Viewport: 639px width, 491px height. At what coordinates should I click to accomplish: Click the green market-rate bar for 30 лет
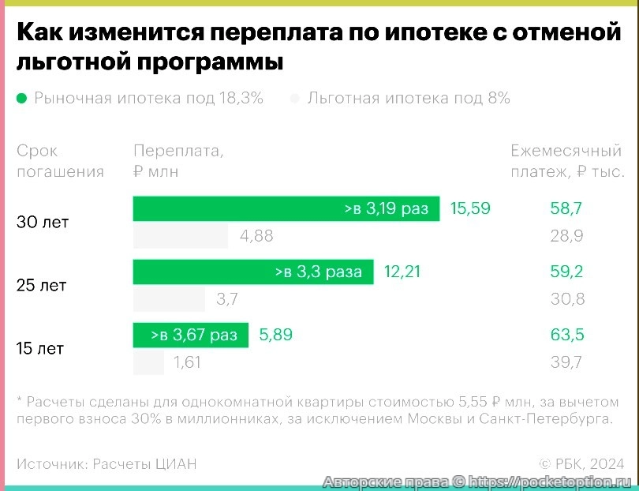click(286, 208)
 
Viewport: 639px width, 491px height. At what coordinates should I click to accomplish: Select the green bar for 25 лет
click(252, 272)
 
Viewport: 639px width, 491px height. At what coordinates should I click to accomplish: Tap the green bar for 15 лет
click(190, 335)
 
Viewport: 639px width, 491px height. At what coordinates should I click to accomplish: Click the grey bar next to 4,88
click(180, 236)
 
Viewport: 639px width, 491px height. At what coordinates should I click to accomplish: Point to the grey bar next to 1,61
click(148, 362)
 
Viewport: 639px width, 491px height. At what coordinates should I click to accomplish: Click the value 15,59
click(470, 208)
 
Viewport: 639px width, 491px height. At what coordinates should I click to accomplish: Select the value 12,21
click(402, 272)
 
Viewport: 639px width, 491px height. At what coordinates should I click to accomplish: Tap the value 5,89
click(276, 335)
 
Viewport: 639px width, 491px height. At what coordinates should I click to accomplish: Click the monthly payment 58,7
click(566, 208)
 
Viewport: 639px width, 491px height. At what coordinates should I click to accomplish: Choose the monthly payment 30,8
click(566, 299)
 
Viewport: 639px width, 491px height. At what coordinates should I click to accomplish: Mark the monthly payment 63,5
click(566, 335)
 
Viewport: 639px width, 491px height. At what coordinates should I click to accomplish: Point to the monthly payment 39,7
click(566, 362)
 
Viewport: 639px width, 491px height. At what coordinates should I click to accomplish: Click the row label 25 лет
click(41, 286)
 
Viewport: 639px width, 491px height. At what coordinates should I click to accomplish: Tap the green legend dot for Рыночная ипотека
click(21, 99)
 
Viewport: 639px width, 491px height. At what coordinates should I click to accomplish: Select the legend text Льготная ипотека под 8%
click(409, 99)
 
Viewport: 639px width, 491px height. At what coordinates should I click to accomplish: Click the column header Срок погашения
click(60, 161)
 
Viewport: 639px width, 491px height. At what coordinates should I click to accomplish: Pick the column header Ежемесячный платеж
click(567, 161)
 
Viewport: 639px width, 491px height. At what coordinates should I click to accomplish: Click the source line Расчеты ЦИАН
click(106, 463)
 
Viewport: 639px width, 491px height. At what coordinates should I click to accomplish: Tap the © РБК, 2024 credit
click(581, 463)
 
